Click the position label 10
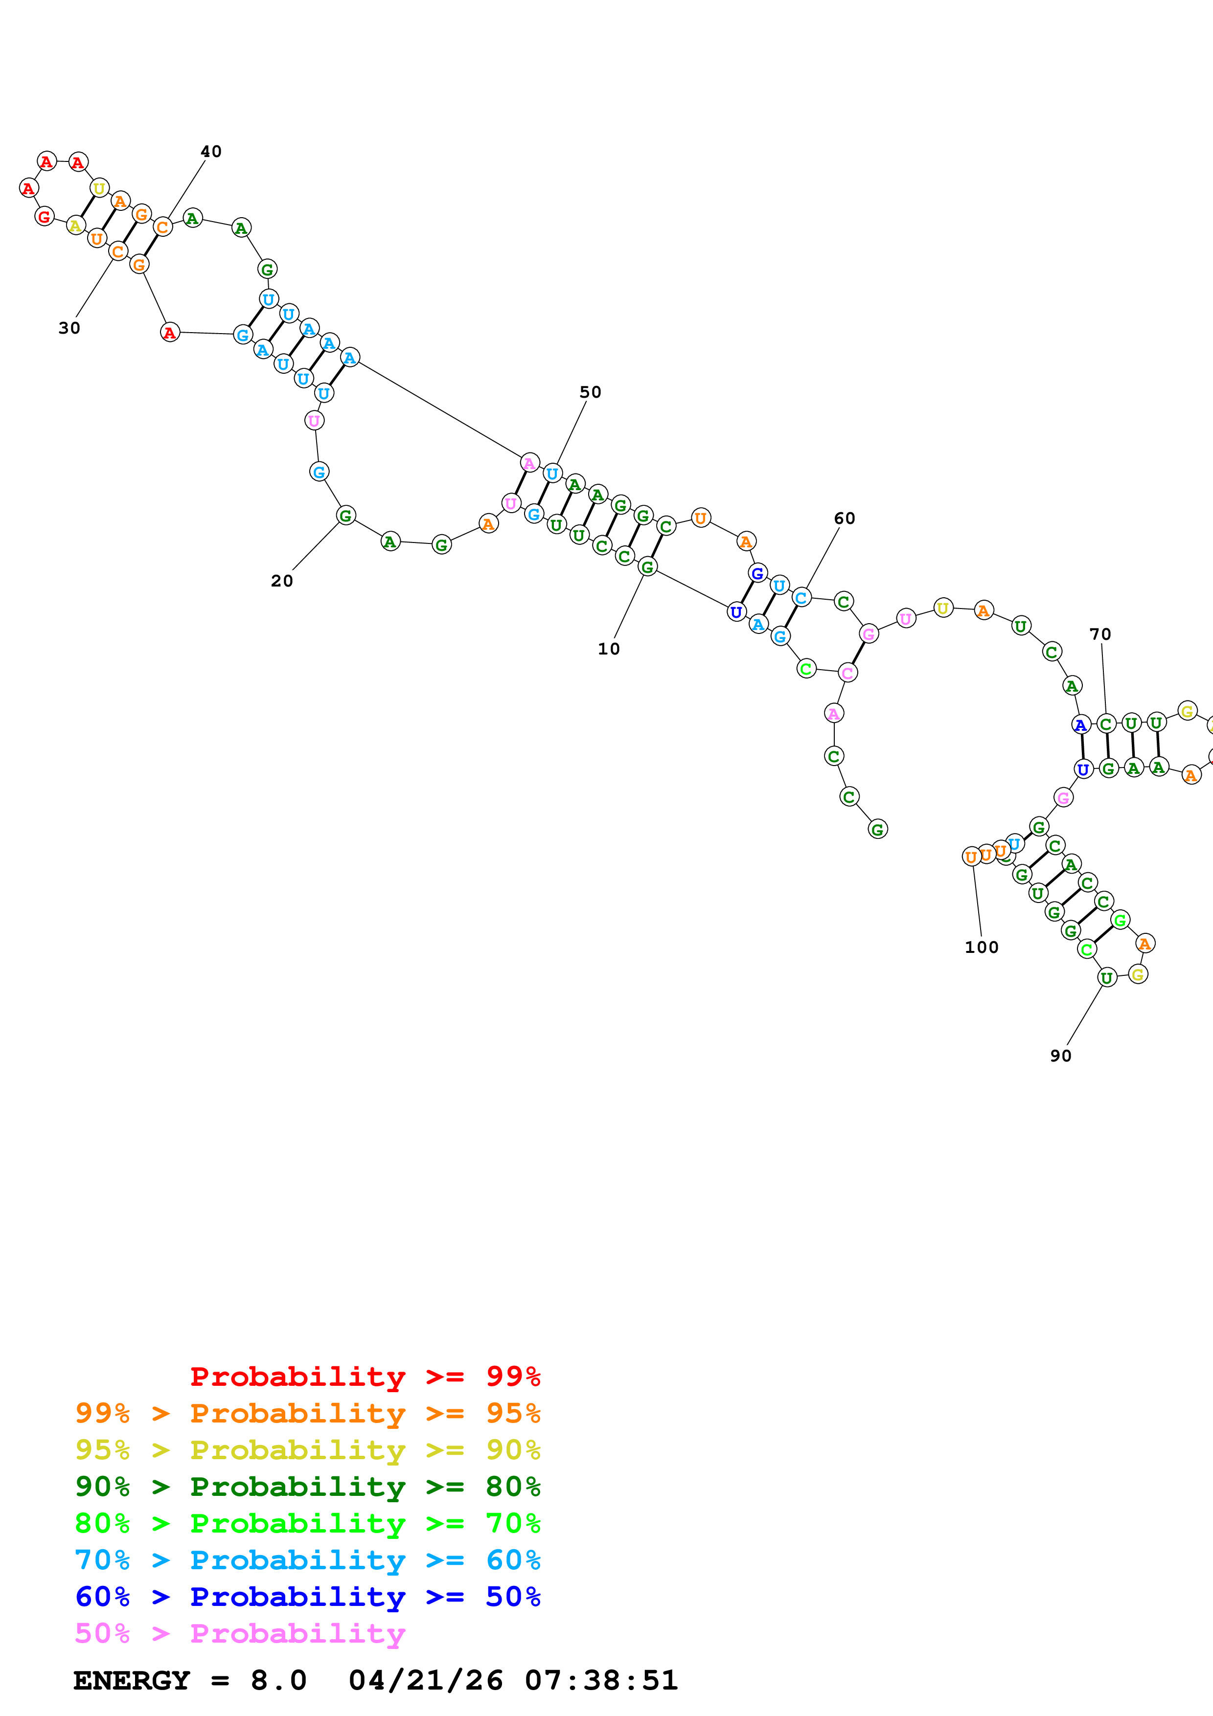tap(608, 649)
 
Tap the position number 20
tap(282, 581)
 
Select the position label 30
tap(69, 328)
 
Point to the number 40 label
tap(211, 152)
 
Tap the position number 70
tap(1100, 634)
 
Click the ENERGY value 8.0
tap(278, 1681)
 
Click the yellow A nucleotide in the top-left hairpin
tap(75, 225)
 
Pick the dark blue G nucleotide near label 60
tap(757, 573)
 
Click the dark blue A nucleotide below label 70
tap(1080, 724)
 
